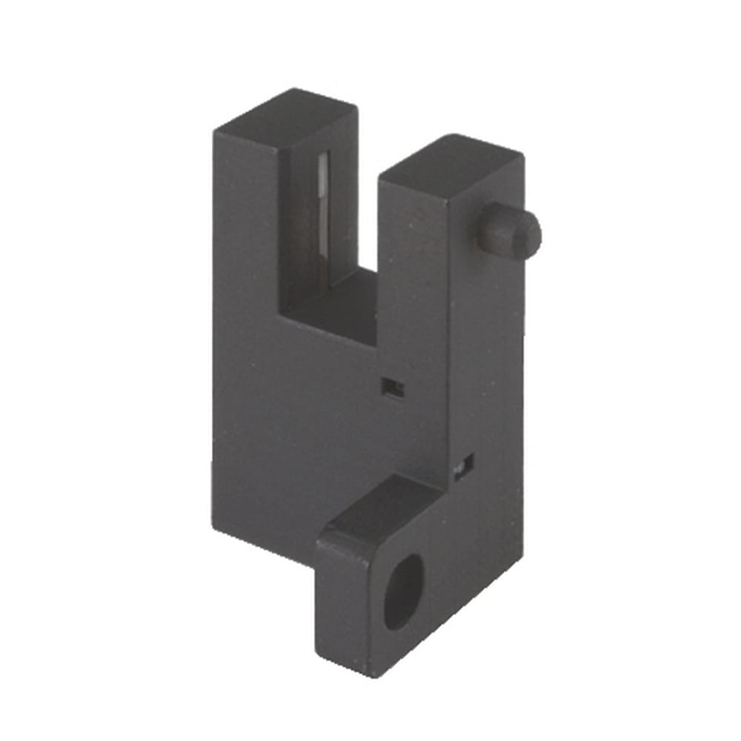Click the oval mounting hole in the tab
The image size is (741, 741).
tap(403, 592)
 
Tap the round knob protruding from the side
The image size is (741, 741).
tap(510, 231)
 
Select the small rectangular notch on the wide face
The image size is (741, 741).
tap(392, 387)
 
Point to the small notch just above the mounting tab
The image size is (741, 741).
tap(463, 466)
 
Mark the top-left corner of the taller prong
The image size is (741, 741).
tap(216, 131)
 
